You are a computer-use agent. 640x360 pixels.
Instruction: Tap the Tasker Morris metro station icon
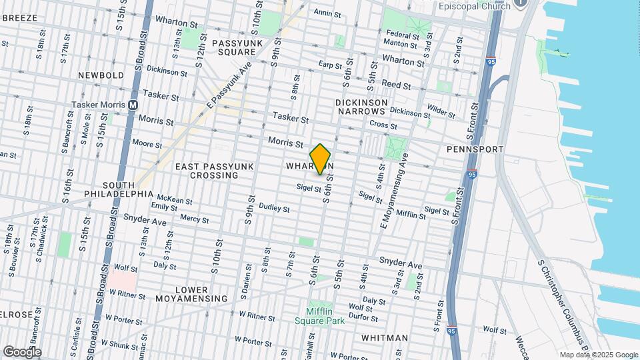[133, 105]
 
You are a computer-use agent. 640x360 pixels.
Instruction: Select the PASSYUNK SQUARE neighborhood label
[234, 47]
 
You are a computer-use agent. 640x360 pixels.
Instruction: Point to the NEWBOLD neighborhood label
[101, 75]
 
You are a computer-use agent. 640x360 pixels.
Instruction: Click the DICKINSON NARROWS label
[361, 107]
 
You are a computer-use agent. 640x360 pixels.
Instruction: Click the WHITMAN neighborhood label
[384, 338]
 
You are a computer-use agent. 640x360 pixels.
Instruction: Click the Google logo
[21, 351]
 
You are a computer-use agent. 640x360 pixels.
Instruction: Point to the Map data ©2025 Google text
[598, 355]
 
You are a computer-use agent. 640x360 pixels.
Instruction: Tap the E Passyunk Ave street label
[229, 87]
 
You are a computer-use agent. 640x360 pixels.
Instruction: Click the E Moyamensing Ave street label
[394, 191]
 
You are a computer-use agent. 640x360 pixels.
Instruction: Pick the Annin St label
[327, 13]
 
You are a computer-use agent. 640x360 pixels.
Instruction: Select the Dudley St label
[274, 208]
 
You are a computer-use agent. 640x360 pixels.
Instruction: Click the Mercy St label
[194, 219]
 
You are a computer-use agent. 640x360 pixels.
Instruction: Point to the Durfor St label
[363, 317]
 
